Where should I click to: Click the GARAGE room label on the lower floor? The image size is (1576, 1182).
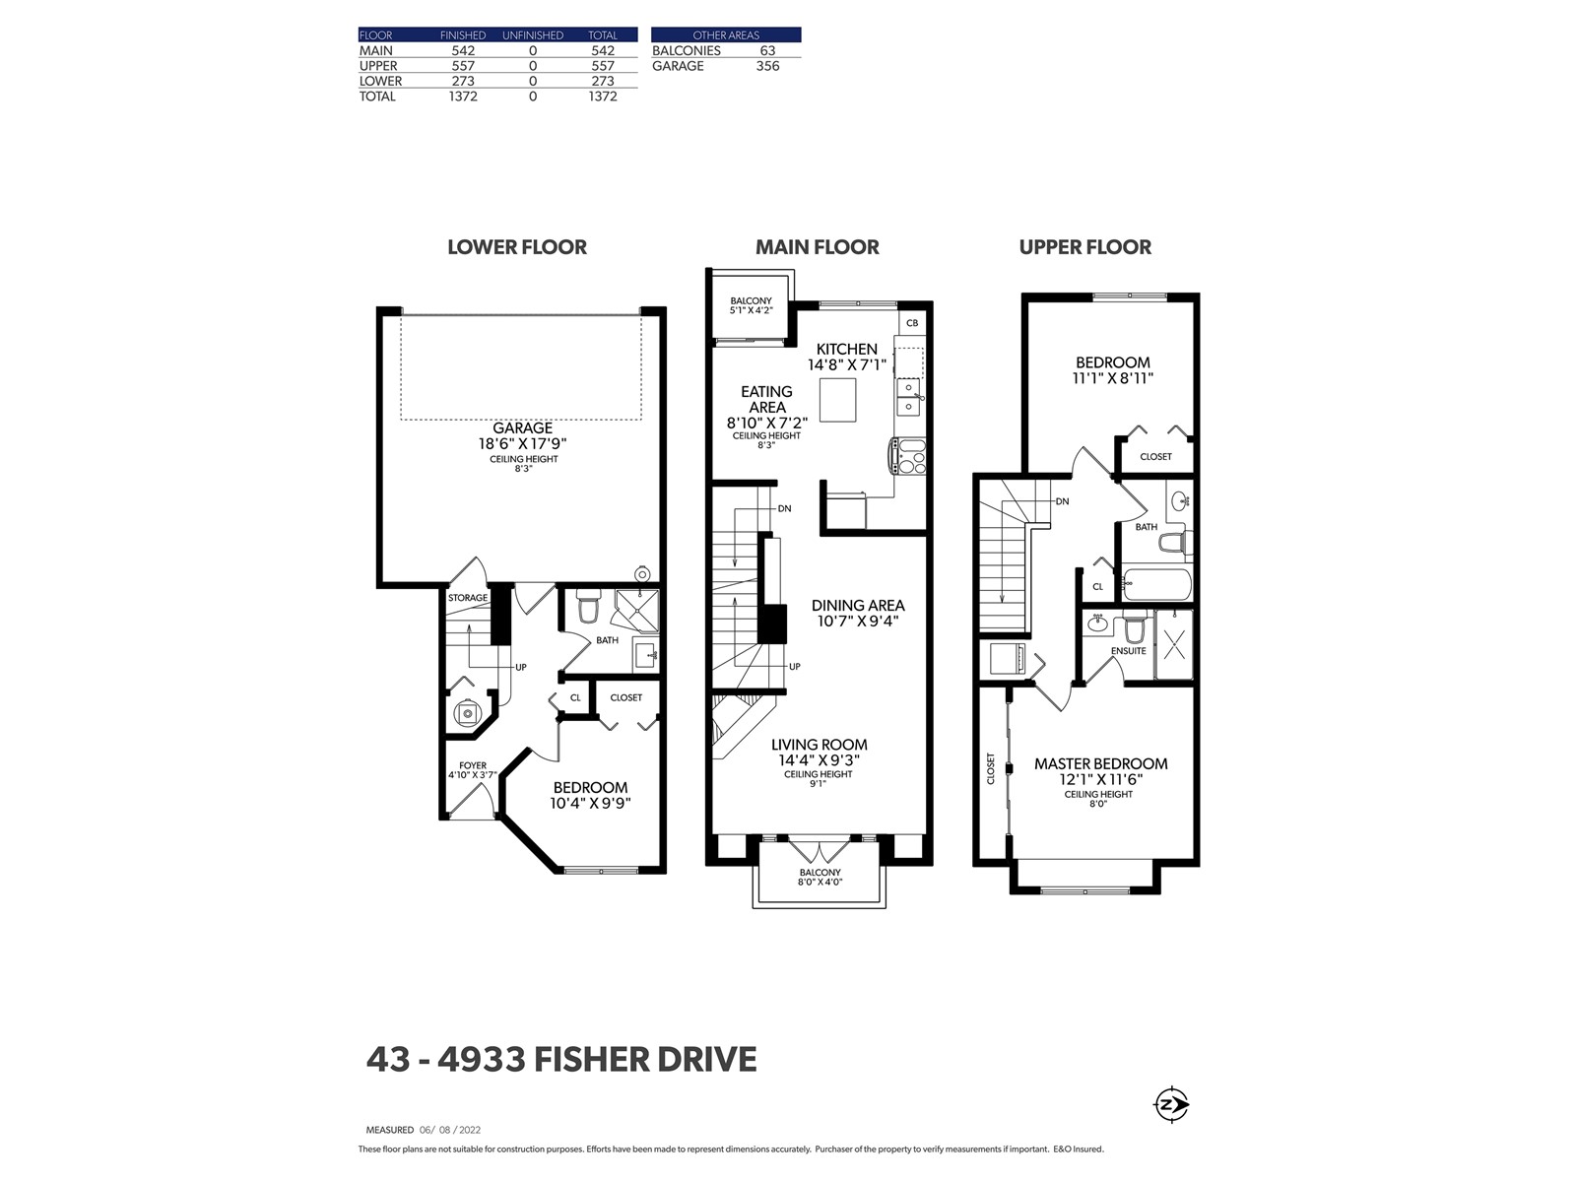(x=522, y=428)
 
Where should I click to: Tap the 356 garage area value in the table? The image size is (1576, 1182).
(x=767, y=66)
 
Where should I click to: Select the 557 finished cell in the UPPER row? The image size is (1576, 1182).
(x=462, y=66)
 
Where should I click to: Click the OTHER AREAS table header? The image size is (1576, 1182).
(x=725, y=35)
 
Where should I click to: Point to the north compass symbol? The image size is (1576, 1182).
(x=1171, y=1104)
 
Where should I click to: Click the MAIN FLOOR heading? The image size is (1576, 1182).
(x=818, y=247)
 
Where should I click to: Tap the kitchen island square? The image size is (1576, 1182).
(x=838, y=400)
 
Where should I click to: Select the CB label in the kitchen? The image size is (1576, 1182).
(x=912, y=323)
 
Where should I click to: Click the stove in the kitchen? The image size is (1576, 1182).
(x=908, y=456)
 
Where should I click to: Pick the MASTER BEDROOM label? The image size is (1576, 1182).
(x=1100, y=763)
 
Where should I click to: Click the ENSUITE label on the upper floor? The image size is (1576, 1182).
(x=1128, y=651)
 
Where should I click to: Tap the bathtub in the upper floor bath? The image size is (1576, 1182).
(x=1156, y=584)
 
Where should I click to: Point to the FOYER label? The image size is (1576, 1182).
(x=473, y=765)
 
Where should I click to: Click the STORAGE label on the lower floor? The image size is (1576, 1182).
(x=468, y=598)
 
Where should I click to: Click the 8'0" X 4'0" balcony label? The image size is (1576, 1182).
(x=820, y=882)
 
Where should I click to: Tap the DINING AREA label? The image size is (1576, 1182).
(x=858, y=605)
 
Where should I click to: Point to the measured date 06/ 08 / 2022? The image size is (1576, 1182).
(x=450, y=1130)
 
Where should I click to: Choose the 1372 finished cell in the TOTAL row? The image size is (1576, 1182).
(x=462, y=97)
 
